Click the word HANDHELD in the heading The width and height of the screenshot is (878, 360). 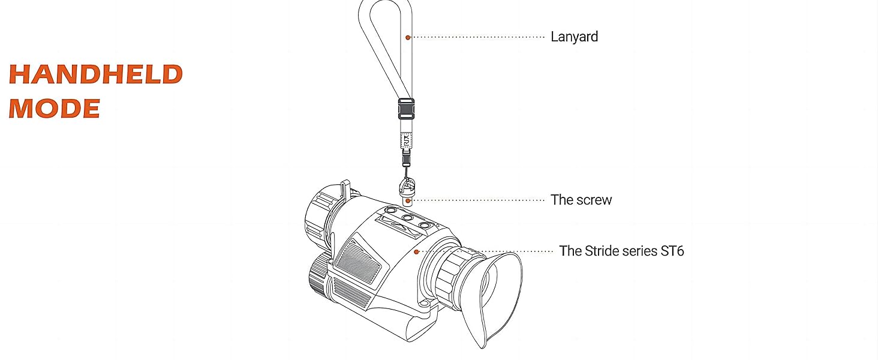tap(95, 74)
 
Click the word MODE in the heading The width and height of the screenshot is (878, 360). tap(55, 109)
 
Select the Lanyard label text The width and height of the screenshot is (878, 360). tap(574, 37)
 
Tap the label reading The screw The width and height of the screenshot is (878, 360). tap(581, 200)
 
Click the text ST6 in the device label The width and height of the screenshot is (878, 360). tap(672, 251)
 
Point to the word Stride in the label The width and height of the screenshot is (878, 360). tap(602, 251)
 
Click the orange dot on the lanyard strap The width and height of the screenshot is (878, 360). tap(407, 37)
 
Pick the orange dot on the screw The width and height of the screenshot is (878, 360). tap(407, 200)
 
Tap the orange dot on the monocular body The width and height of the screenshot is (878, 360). tap(416, 251)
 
